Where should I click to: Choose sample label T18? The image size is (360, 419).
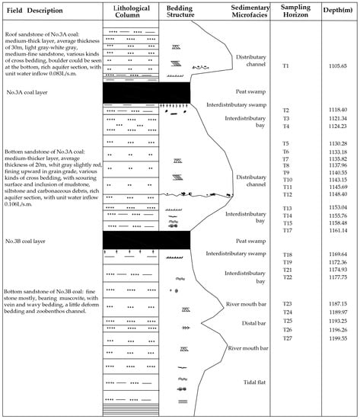click(x=287, y=254)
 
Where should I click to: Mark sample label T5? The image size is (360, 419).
click(x=286, y=143)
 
